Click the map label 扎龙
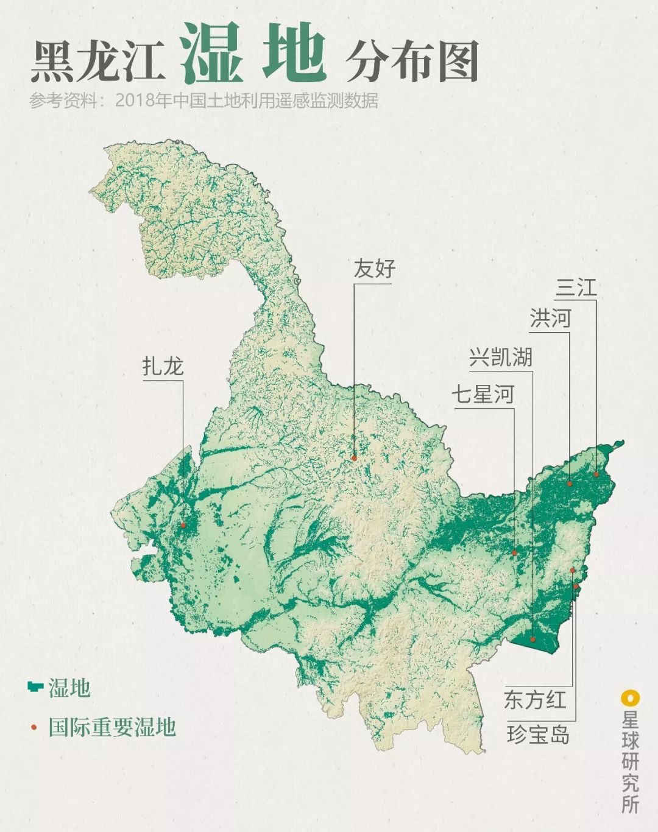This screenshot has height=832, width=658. point(163,367)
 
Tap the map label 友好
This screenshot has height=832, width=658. point(374,269)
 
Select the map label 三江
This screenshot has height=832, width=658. point(576,287)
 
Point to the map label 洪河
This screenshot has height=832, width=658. point(550,318)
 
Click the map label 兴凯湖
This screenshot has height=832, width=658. point(501,357)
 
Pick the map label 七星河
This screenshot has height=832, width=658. point(483,394)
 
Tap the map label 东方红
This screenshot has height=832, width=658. point(535,699)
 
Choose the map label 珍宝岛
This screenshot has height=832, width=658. point(538,735)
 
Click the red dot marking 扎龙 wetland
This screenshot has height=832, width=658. point(182,525)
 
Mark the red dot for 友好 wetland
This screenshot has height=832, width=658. point(353,457)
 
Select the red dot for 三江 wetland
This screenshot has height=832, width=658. point(596,474)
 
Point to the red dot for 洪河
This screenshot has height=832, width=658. point(570,484)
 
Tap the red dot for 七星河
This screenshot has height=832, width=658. point(514,553)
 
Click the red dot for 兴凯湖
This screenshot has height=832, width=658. point(532,640)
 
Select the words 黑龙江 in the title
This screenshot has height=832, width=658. point(97,62)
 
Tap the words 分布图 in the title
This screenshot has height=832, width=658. point(412,62)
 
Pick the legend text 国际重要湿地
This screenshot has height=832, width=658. point(112,727)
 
